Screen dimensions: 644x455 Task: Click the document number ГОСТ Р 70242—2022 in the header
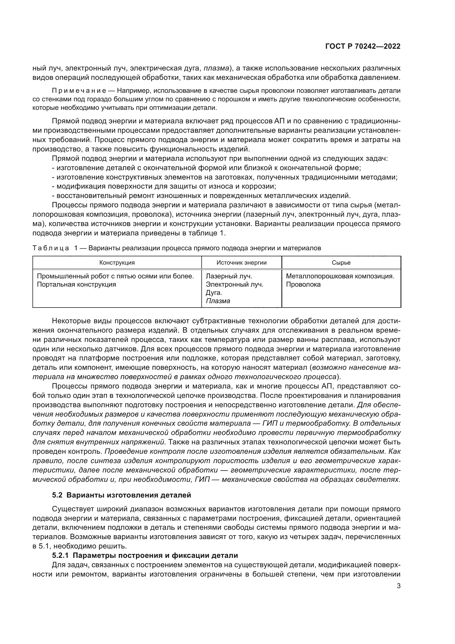(x=363, y=47)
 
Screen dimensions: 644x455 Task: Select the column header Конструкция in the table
(x=117, y=263)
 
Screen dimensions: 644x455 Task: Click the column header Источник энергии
(x=241, y=263)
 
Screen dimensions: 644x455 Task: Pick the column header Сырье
(x=341, y=263)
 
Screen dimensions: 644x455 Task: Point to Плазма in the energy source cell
(x=218, y=301)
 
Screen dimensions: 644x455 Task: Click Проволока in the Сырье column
(x=303, y=284)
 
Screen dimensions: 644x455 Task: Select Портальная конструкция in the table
(x=76, y=284)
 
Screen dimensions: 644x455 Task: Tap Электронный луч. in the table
(x=234, y=284)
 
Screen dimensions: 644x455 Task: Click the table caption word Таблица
(x=51, y=248)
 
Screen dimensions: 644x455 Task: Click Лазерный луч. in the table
(x=229, y=276)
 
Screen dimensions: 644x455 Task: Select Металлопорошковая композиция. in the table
(x=340, y=276)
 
